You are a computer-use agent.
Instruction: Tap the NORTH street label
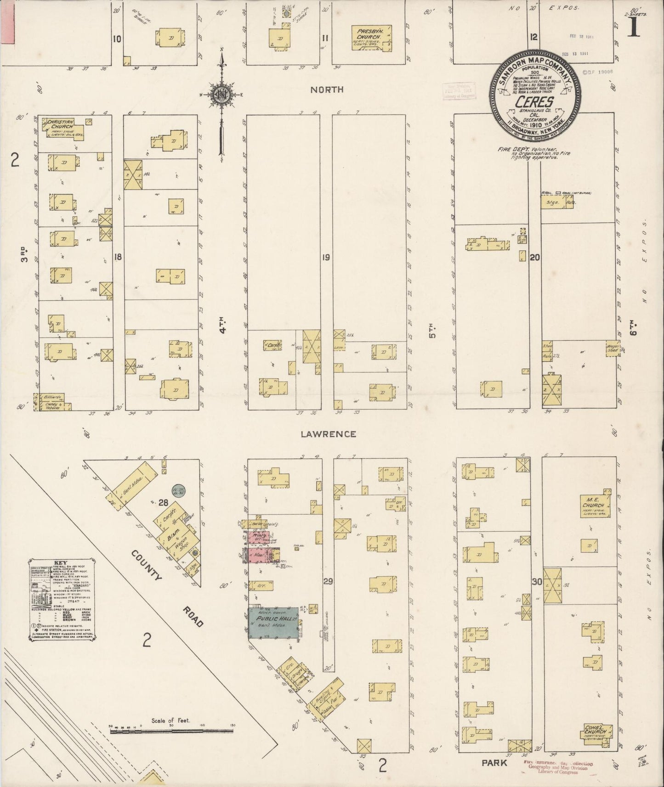pos(327,89)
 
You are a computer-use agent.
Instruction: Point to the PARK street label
pos(494,763)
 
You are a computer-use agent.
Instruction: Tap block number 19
pos(325,257)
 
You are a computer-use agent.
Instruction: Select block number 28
pos(163,503)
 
